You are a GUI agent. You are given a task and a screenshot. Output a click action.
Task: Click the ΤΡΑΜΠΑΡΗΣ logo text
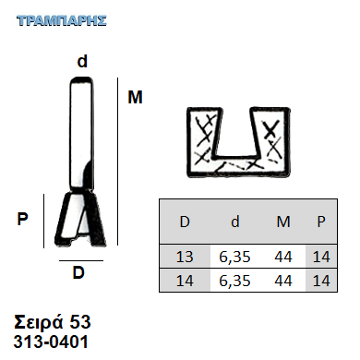(x=62, y=21)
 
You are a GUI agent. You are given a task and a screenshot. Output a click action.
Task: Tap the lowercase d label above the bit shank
(x=82, y=61)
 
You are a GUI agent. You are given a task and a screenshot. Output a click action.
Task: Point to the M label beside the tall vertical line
(x=135, y=97)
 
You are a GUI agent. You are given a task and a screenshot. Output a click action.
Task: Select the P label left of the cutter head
(x=22, y=219)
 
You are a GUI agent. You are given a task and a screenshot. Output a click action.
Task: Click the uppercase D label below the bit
(x=78, y=272)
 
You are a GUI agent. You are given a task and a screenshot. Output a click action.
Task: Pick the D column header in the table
(x=185, y=222)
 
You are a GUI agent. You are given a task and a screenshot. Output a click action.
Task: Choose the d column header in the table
(x=235, y=222)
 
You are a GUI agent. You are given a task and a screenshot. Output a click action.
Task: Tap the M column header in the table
(x=283, y=222)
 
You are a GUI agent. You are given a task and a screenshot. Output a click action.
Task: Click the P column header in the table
(x=321, y=222)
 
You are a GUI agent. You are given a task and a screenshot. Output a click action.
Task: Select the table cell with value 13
(x=185, y=257)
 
